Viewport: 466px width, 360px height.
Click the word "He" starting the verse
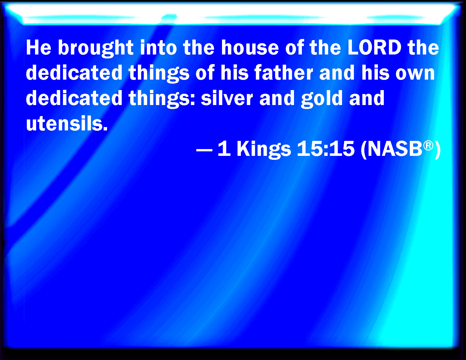[x=39, y=47]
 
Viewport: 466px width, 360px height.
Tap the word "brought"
[x=96, y=49]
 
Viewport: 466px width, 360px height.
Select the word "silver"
[x=227, y=98]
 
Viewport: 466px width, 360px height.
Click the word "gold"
[x=322, y=99]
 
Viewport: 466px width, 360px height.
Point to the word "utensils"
[x=67, y=123]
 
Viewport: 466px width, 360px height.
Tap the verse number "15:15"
[x=326, y=149]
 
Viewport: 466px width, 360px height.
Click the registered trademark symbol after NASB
[x=428, y=146]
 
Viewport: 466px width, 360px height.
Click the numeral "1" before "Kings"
[x=224, y=149]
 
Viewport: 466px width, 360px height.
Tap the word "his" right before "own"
[x=375, y=73]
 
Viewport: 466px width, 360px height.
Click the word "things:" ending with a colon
[x=162, y=99]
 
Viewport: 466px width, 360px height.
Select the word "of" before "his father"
[x=205, y=73]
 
